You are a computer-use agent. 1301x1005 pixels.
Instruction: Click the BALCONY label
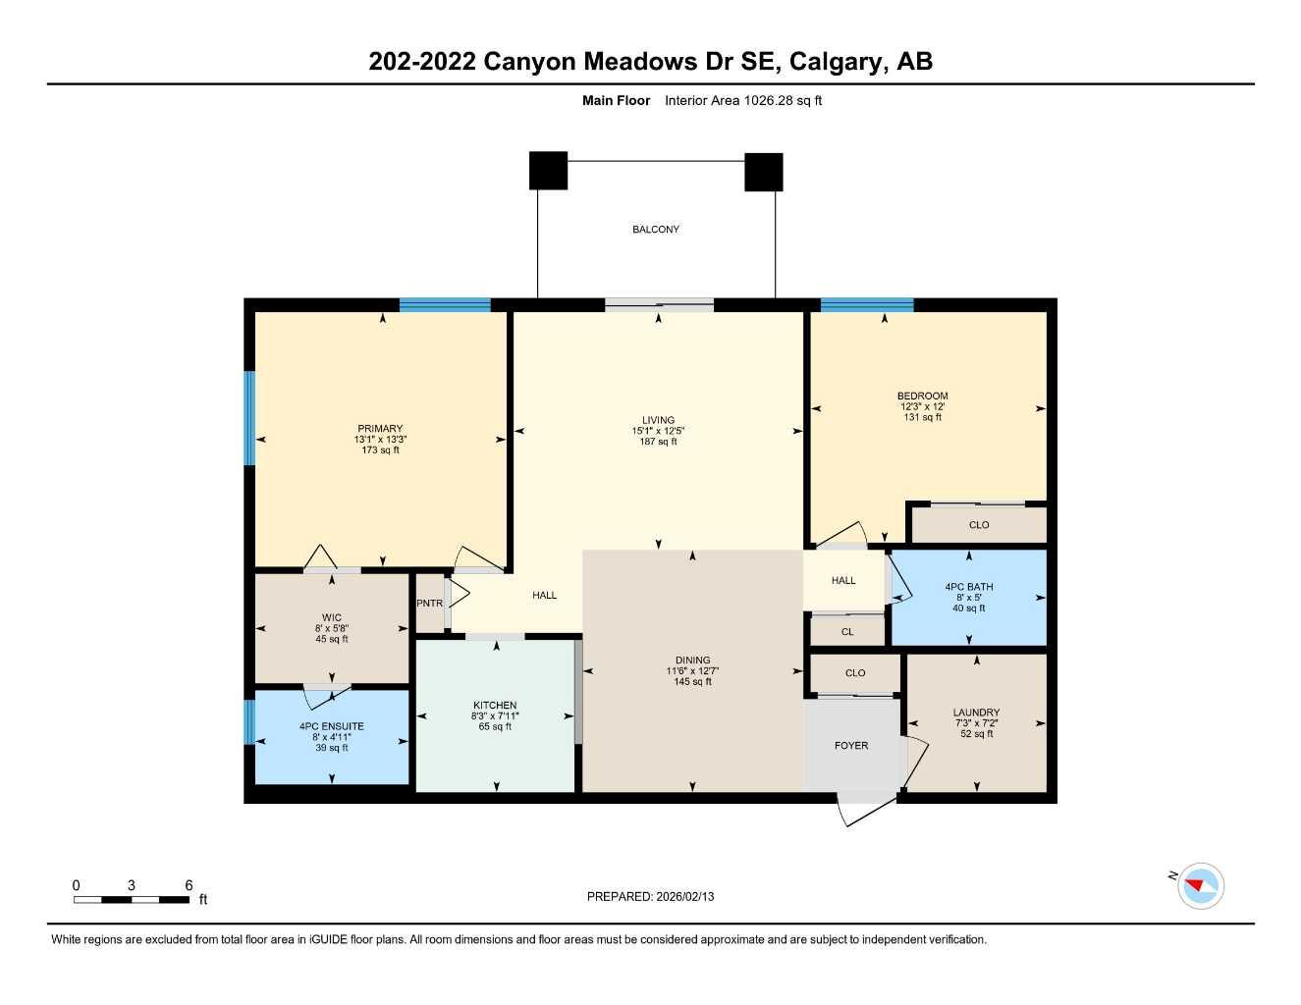[x=655, y=230]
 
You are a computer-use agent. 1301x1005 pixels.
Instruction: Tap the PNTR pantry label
[x=429, y=603]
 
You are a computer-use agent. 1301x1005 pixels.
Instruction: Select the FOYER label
[x=850, y=746]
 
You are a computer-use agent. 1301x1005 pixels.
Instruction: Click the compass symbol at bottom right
[x=1201, y=886]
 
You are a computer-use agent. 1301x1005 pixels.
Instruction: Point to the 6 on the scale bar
[x=189, y=885]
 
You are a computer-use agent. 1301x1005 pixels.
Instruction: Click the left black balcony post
[x=548, y=171]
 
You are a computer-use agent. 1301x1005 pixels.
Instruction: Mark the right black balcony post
[x=763, y=172]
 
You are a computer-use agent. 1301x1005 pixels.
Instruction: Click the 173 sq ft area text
[x=380, y=450]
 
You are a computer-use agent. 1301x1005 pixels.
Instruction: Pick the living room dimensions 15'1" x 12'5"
[x=658, y=431]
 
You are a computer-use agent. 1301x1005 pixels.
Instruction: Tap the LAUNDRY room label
[x=976, y=713]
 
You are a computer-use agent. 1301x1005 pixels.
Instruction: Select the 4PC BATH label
[x=968, y=587]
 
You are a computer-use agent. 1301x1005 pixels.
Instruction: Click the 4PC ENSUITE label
[x=331, y=727]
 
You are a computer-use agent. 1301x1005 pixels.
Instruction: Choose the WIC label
[x=332, y=618]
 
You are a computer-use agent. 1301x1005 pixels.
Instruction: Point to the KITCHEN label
[x=495, y=706]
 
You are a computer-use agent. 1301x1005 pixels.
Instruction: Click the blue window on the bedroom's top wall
[x=867, y=304]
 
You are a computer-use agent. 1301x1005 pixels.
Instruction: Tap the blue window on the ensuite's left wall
[x=249, y=721]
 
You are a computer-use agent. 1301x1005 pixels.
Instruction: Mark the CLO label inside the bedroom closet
[x=978, y=525]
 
